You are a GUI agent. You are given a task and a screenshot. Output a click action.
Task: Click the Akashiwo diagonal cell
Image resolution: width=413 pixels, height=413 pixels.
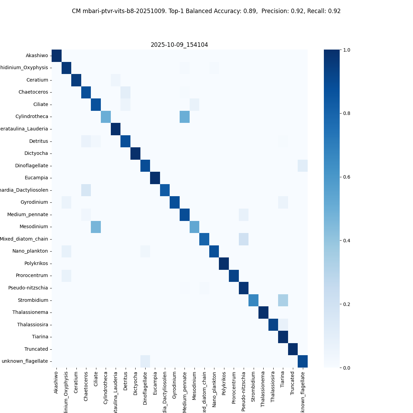coord(56,56)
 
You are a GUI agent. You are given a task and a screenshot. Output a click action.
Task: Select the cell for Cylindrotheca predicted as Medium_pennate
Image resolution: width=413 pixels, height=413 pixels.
coord(185,117)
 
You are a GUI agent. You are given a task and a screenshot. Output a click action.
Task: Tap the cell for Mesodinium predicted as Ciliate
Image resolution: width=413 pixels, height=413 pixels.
coord(96,227)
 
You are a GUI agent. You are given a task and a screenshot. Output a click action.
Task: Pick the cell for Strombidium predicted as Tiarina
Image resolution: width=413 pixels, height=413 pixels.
coord(283,300)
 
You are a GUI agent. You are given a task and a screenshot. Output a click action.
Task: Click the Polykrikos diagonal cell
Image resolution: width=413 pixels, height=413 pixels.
coord(224,264)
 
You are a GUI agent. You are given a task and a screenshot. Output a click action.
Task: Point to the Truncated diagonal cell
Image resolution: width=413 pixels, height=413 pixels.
coord(293,349)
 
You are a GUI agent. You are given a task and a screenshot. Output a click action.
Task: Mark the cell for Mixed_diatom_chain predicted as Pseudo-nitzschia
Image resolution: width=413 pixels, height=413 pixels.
coord(244,239)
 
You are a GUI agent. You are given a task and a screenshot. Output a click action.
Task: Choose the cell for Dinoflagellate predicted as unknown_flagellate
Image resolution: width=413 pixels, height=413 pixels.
coord(303,166)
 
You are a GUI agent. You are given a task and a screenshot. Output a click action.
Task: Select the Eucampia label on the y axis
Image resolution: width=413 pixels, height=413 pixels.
coord(36,178)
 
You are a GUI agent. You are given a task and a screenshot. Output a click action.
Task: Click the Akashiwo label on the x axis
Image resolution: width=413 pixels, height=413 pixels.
coord(56,382)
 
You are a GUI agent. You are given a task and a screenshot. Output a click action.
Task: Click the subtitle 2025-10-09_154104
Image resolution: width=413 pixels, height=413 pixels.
coord(179,45)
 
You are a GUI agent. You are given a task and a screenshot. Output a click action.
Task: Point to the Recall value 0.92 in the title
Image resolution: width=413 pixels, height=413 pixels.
coord(334,11)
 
